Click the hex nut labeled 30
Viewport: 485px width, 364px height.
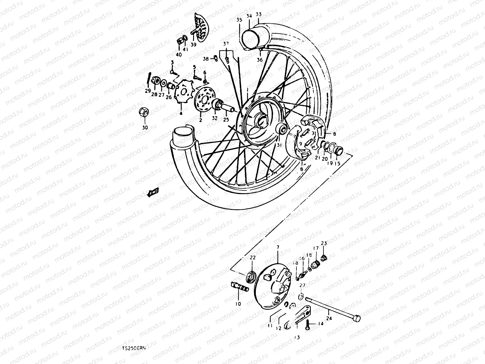pos(144,113)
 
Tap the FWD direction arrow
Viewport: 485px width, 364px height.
pos(152,193)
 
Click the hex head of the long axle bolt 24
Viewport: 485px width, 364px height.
pos(357,318)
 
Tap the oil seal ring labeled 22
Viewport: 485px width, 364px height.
pos(251,277)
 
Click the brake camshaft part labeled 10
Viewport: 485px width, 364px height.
pos(240,287)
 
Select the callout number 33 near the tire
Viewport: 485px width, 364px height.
pos(259,14)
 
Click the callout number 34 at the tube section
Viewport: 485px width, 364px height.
pos(249,16)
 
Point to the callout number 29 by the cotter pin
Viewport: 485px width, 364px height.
pos(148,91)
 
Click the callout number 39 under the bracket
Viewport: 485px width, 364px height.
pos(193,44)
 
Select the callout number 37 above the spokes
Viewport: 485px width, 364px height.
pos(226,44)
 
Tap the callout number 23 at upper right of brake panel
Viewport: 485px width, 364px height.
pos(324,243)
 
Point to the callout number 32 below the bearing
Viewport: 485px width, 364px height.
pos(215,118)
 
